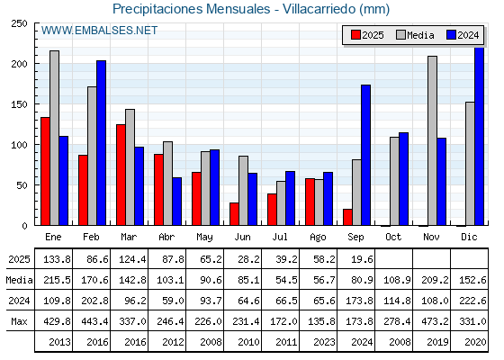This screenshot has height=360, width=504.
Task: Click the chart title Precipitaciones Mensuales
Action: point(191,9)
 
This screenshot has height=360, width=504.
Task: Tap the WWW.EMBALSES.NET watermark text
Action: point(99,31)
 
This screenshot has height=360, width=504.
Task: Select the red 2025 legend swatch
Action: point(355,35)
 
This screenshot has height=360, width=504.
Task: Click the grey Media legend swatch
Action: point(400,35)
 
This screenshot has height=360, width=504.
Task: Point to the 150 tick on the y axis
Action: point(19,104)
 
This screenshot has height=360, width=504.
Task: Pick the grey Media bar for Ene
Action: point(54,138)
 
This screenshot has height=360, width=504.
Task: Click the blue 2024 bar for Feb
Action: point(101,143)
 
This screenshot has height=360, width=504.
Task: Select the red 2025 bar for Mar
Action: point(121,175)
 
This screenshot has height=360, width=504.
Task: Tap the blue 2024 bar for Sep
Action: point(365,155)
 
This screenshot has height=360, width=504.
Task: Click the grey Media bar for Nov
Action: point(432,140)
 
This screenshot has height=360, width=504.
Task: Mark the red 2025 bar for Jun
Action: point(234,214)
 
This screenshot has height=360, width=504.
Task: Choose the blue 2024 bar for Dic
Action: point(479,136)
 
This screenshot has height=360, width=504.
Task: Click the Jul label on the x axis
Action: point(280,238)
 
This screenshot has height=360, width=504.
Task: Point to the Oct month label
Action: point(393,238)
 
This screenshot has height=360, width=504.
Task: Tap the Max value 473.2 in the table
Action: point(435,321)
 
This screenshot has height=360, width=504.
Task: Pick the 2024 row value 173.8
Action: point(359,301)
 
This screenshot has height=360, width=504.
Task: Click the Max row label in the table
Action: point(19,321)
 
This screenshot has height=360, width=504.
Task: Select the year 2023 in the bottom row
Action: point(324,342)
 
